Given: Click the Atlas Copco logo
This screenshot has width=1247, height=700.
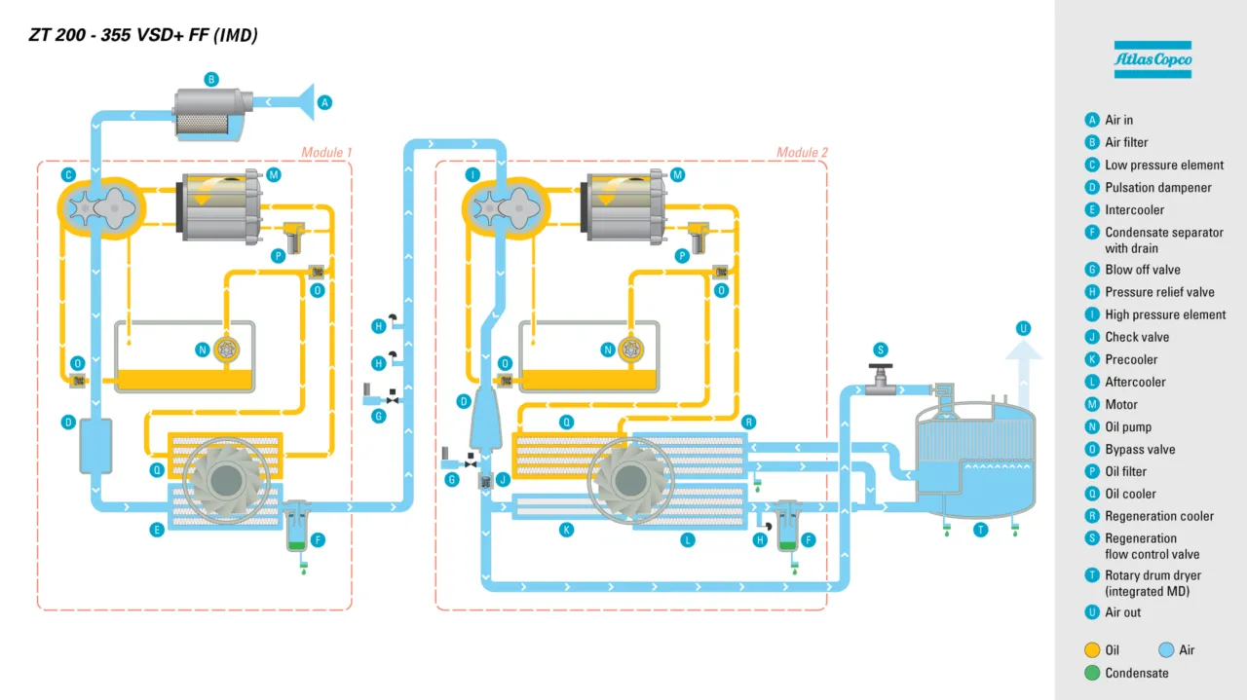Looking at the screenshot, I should [1153, 60].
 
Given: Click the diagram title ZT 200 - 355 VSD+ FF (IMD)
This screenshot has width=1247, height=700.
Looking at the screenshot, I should [143, 36].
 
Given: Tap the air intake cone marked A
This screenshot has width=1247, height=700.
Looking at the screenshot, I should [305, 101].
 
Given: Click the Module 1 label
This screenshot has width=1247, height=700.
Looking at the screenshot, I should [325, 152].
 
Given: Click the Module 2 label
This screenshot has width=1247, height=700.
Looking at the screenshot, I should [802, 152].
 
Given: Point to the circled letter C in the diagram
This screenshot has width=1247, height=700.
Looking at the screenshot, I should [68, 175].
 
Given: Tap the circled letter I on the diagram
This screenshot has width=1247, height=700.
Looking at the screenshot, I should [472, 175].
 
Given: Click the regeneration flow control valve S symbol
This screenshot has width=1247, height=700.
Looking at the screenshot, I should [880, 378].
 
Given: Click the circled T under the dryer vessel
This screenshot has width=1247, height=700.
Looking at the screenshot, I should [981, 530].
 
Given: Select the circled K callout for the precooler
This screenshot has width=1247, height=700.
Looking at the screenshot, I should [566, 530].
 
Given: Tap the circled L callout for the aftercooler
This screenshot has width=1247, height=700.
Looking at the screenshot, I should [688, 539].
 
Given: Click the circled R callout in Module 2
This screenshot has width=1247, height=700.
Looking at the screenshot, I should [748, 422].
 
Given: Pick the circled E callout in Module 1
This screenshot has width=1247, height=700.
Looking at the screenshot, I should [155, 530].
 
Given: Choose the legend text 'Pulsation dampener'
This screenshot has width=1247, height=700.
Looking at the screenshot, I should [1157, 187].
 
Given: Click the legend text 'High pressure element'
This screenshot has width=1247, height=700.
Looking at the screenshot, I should [1165, 314].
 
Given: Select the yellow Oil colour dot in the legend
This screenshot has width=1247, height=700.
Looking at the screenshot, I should [1091, 650].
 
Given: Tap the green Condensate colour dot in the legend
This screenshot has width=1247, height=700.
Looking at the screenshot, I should [1091, 673].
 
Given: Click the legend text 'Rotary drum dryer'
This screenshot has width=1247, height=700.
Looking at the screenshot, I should [1153, 575].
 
